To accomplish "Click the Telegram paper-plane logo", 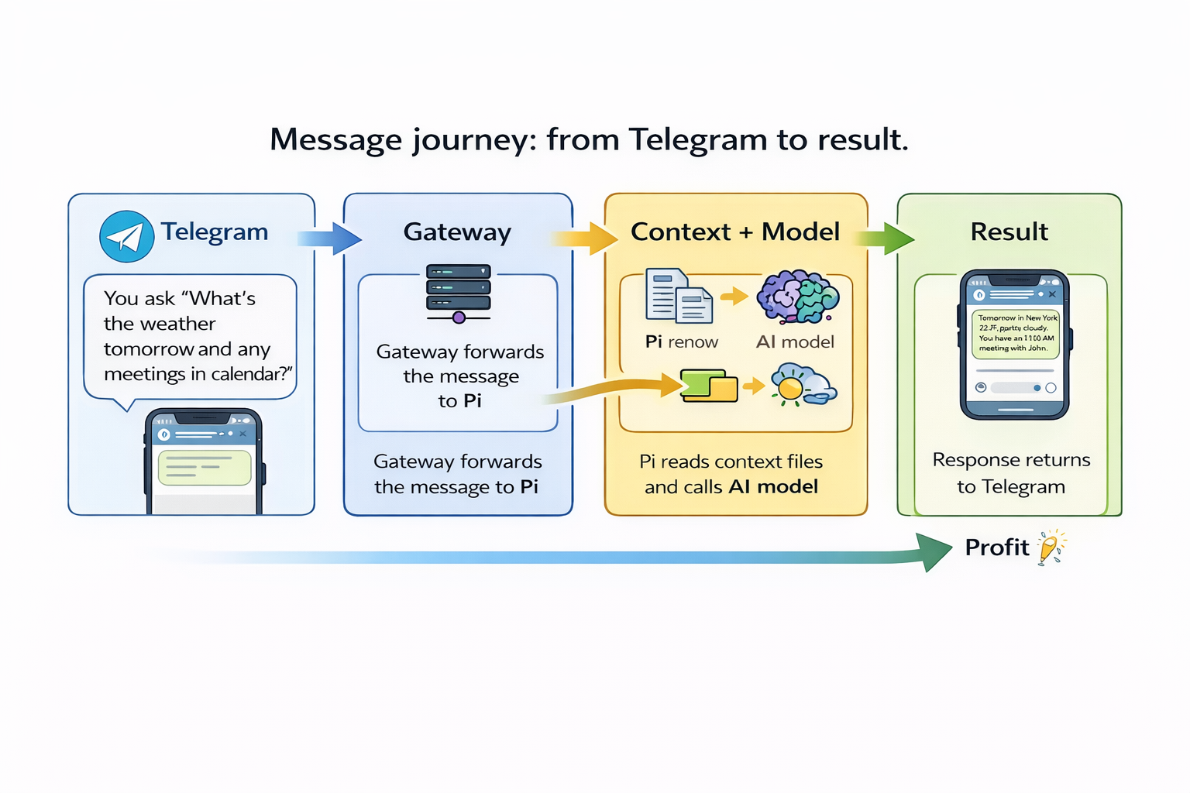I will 127,236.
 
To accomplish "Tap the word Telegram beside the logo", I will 215,232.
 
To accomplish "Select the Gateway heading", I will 457,232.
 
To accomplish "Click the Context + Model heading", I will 735,232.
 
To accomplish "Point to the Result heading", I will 1009,232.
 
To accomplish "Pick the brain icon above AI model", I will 797,297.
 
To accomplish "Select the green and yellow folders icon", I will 708,386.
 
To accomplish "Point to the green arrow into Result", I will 886,238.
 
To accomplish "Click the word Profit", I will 996,548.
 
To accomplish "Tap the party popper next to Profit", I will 1051,548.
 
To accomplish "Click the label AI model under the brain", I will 795,342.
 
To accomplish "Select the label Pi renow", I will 682,342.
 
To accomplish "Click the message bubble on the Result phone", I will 1015,334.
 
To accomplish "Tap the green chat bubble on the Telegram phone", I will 205,468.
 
